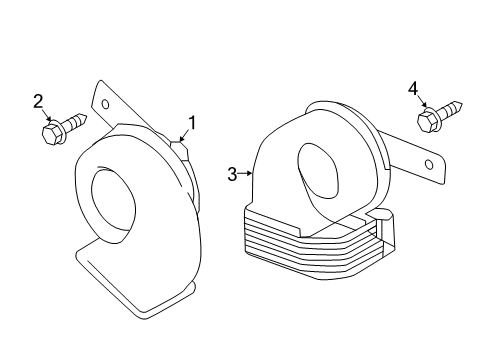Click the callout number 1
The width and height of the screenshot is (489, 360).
coord(190,124)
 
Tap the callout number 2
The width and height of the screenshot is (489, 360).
coord(39,100)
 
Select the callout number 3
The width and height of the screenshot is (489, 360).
coord(232,174)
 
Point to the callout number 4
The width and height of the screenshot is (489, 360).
coord(412,90)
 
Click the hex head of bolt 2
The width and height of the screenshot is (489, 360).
coord(50,133)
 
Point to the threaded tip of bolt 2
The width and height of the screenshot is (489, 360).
coord(87,120)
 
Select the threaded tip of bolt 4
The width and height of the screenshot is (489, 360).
coord(461,103)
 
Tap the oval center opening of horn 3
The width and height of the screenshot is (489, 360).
coord(320,169)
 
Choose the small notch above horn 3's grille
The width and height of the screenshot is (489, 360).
coord(380,215)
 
